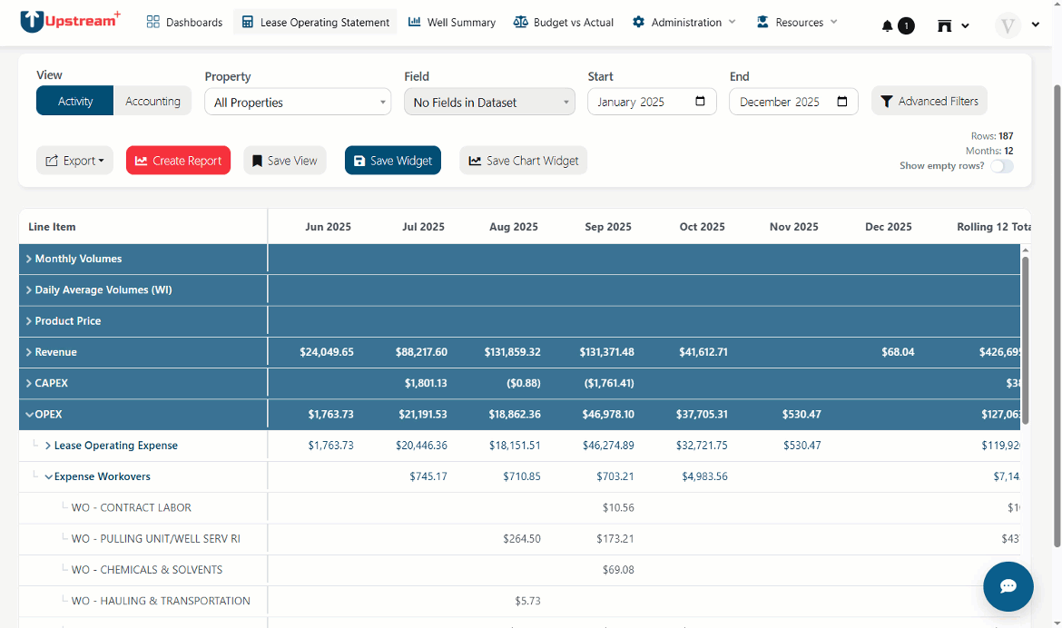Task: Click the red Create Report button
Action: (178, 161)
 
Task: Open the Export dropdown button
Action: (74, 161)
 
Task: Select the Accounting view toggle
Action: (152, 101)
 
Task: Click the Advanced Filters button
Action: (929, 101)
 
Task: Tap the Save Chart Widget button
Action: (523, 161)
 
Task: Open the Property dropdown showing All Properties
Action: (298, 103)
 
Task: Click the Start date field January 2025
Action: (652, 102)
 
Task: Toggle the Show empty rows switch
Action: (1002, 166)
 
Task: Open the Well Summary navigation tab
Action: (452, 23)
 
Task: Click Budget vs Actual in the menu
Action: (564, 23)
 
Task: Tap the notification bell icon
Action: (887, 25)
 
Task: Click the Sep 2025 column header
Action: (608, 227)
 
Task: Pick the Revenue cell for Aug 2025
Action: (512, 352)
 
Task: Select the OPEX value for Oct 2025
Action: (702, 414)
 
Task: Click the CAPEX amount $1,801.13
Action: (426, 384)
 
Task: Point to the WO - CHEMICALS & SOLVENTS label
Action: (147, 570)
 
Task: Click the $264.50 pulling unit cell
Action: (522, 538)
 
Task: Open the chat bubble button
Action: (1008, 586)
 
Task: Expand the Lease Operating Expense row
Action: (48, 446)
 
